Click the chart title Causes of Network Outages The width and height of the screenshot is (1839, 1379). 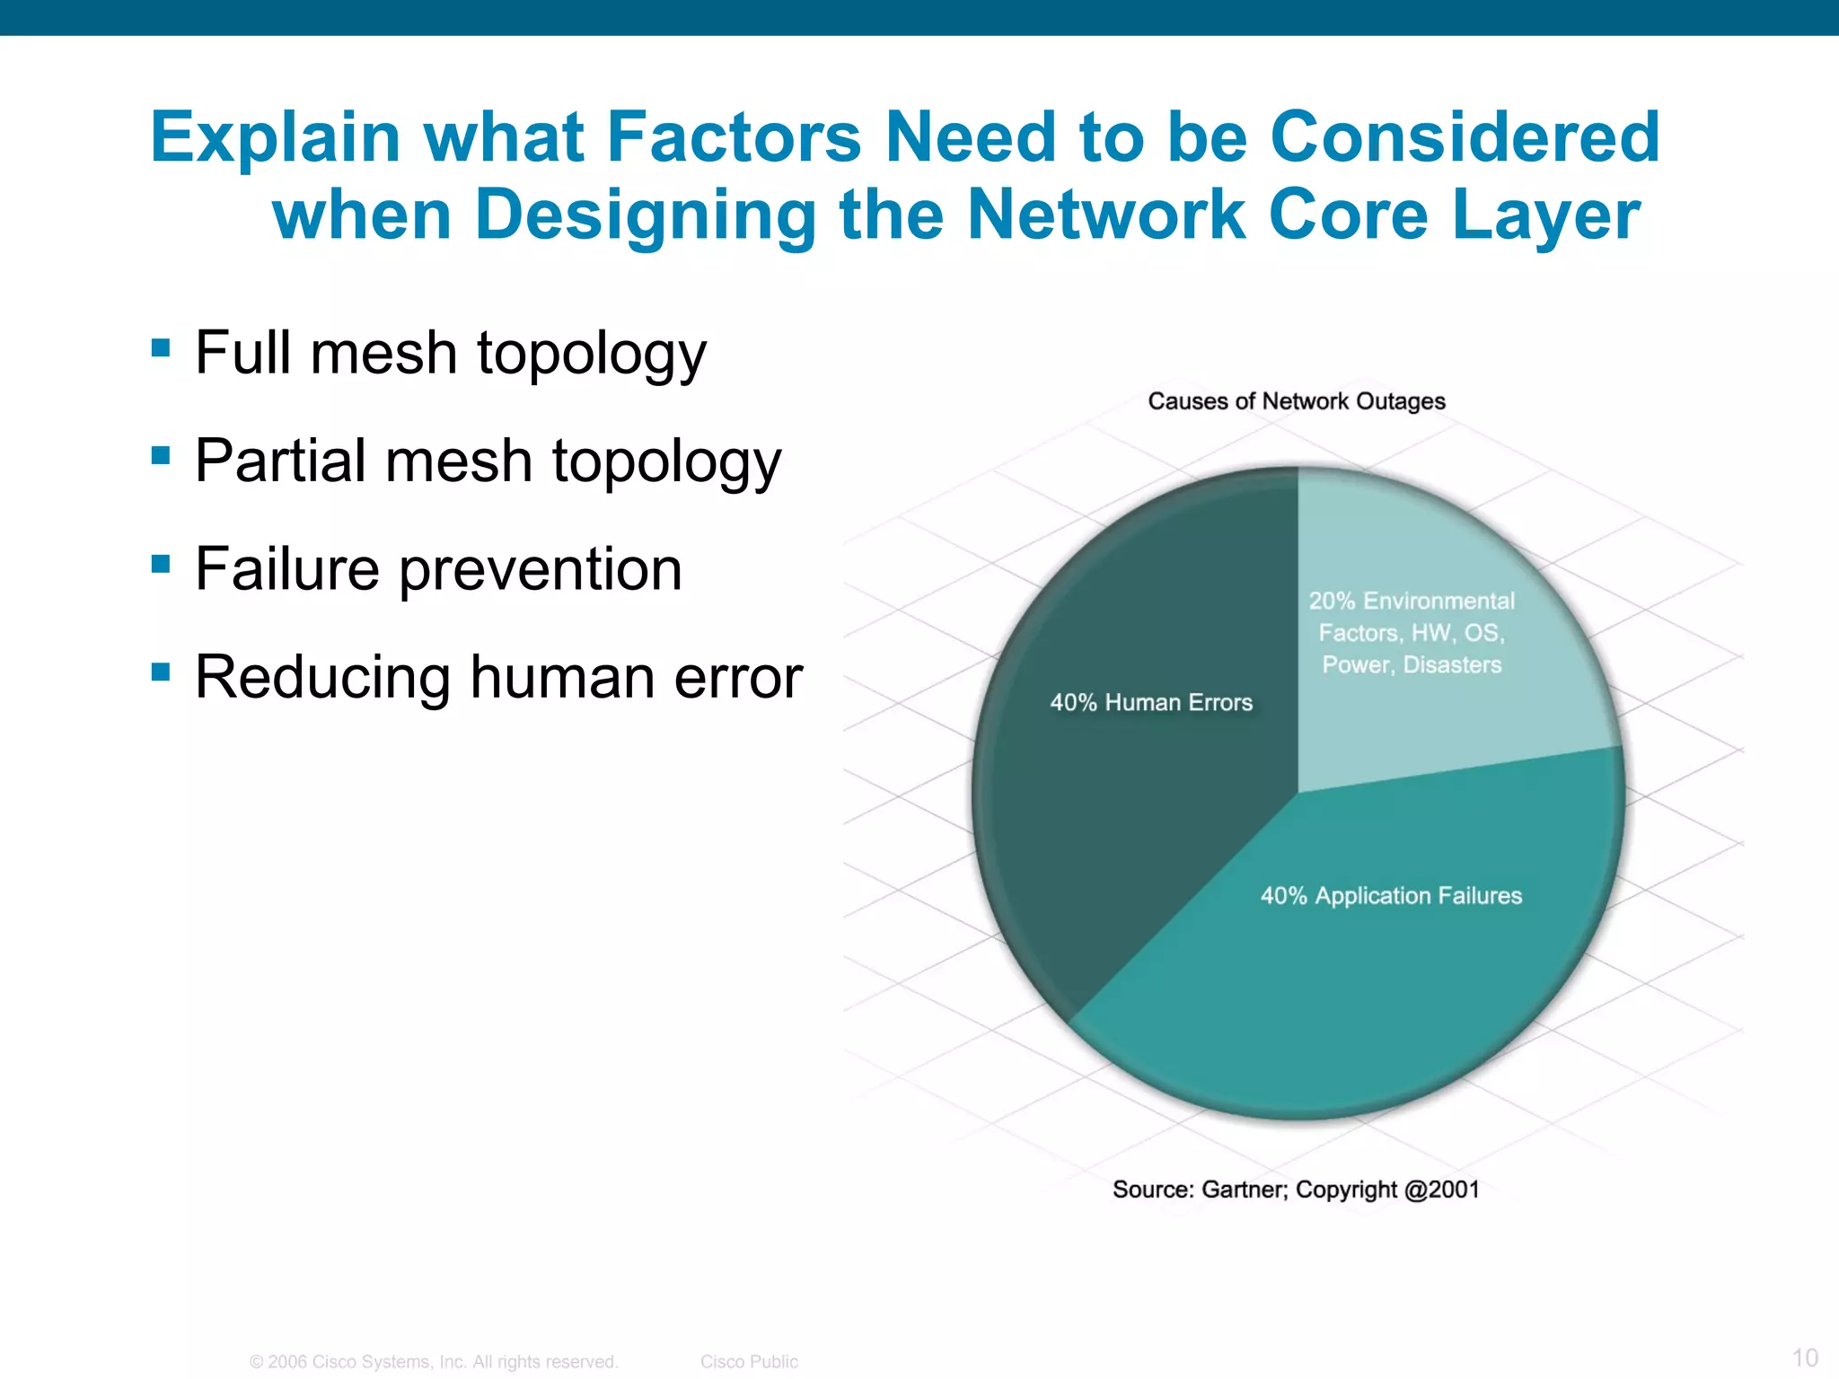click(1296, 401)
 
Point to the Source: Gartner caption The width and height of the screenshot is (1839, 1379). click(1296, 1190)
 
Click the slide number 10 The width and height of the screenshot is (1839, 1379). click(1805, 1357)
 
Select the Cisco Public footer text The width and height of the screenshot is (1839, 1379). click(749, 1362)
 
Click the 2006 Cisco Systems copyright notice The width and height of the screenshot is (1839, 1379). click(434, 1362)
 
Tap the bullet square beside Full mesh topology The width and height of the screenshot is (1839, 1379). click(162, 347)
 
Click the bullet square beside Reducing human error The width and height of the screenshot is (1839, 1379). click(162, 672)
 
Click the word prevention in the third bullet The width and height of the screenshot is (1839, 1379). click(541, 570)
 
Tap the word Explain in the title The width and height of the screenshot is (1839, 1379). click(275, 137)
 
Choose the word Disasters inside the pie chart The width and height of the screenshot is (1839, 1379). click(1452, 665)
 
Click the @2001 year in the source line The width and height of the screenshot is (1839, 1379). click(1441, 1190)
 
